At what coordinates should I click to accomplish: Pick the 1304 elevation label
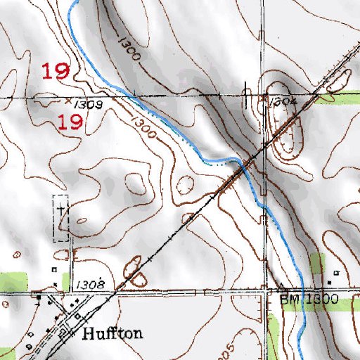point(283,102)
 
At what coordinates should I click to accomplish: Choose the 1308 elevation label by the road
point(92,284)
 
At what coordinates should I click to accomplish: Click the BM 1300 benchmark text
point(309,300)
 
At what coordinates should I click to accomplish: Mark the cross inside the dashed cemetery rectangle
point(62,210)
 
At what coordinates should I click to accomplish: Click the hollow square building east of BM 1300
point(336,272)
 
